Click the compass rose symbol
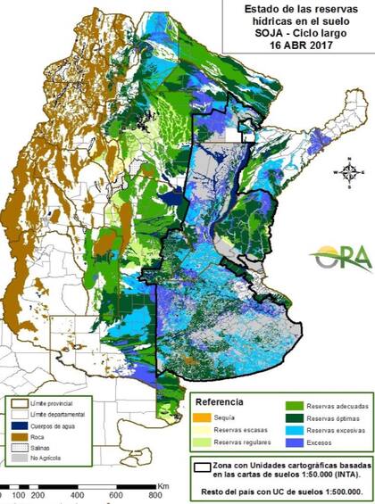350,171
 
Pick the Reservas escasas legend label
243,429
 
